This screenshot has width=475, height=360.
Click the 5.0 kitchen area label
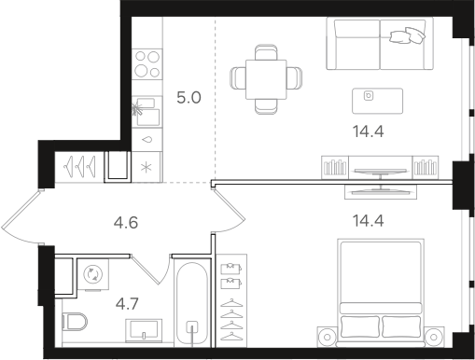tap(189, 96)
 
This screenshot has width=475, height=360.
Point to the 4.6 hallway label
tap(126, 223)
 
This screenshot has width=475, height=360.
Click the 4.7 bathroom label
tap(126, 302)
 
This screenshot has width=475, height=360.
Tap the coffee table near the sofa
tap(378, 96)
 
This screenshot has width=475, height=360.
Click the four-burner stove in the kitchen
tap(147, 64)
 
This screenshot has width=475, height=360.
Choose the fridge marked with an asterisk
tap(147, 167)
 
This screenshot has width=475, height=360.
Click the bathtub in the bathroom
tap(193, 308)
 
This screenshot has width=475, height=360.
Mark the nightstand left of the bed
tap(327, 336)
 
